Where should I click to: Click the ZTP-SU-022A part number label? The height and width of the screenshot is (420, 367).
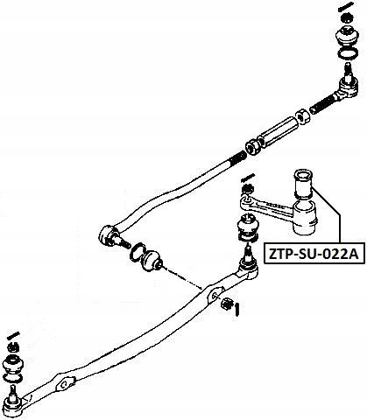(x=314, y=254)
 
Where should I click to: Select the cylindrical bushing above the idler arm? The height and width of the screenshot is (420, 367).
(x=303, y=185)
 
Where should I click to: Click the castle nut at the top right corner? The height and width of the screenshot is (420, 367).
(x=347, y=18)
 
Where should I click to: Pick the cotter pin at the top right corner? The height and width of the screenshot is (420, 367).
(x=347, y=6)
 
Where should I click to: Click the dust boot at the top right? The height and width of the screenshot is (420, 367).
(x=347, y=37)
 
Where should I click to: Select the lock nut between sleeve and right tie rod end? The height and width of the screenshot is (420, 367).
(x=302, y=115)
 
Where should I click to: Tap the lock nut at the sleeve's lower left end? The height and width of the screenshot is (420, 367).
(x=252, y=146)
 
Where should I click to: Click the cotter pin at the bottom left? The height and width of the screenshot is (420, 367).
(x=13, y=335)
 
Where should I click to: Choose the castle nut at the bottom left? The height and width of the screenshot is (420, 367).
(x=13, y=347)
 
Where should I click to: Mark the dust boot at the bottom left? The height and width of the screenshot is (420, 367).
(x=13, y=366)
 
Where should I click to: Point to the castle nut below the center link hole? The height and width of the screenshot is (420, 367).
(x=227, y=304)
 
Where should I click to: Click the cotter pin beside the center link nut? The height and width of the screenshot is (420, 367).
(x=237, y=310)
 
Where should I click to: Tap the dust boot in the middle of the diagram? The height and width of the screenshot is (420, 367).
(x=151, y=260)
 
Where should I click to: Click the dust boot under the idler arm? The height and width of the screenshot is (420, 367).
(x=248, y=227)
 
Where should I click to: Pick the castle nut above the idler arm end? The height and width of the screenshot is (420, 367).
(x=248, y=189)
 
